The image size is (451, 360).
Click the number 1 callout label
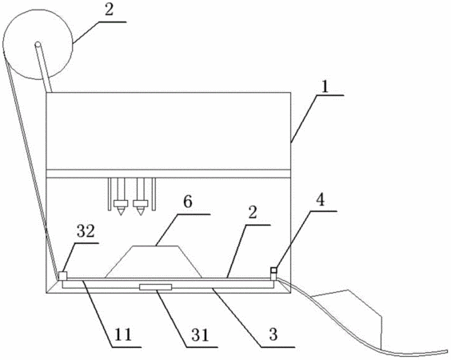pos(325,87)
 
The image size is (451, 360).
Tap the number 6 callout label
pos(188,202)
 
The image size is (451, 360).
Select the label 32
pos(86,231)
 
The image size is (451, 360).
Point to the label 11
pos(123,334)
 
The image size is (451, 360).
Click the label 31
pos(200,335)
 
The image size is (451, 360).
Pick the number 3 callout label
pos(273,334)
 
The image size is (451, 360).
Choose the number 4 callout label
pos(320,200)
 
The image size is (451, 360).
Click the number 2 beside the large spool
pos(109,10)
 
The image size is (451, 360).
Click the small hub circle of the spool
pos(38,44)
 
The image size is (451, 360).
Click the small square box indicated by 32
pos(62,276)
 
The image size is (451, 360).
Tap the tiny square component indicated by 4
pos(273,270)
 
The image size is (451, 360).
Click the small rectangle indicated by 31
pos(155,287)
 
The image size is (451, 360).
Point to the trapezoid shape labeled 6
pos(154,262)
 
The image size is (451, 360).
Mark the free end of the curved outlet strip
pos(447,350)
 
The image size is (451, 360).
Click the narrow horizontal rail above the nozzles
pos(168,174)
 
